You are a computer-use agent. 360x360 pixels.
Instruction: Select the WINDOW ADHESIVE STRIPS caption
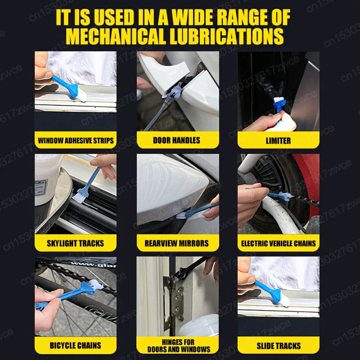[x=76, y=140]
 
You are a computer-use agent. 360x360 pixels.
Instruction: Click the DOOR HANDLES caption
[x=176, y=140]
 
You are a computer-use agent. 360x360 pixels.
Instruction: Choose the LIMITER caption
[x=278, y=140]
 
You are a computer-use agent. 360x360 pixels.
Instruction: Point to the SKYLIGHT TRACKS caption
[x=76, y=243]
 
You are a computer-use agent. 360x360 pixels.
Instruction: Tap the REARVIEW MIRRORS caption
[x=176, y=243]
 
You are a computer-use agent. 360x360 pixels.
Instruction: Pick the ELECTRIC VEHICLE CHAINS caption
[x=278, y=243]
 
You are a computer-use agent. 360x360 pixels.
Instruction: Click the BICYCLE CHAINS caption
[x=76, y=346]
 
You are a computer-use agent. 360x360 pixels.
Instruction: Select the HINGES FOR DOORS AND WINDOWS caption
[x=178, y=346]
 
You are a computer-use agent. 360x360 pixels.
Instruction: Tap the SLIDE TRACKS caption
[x=278, y=346]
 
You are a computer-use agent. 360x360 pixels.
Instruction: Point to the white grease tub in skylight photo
[x=47, y=178]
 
